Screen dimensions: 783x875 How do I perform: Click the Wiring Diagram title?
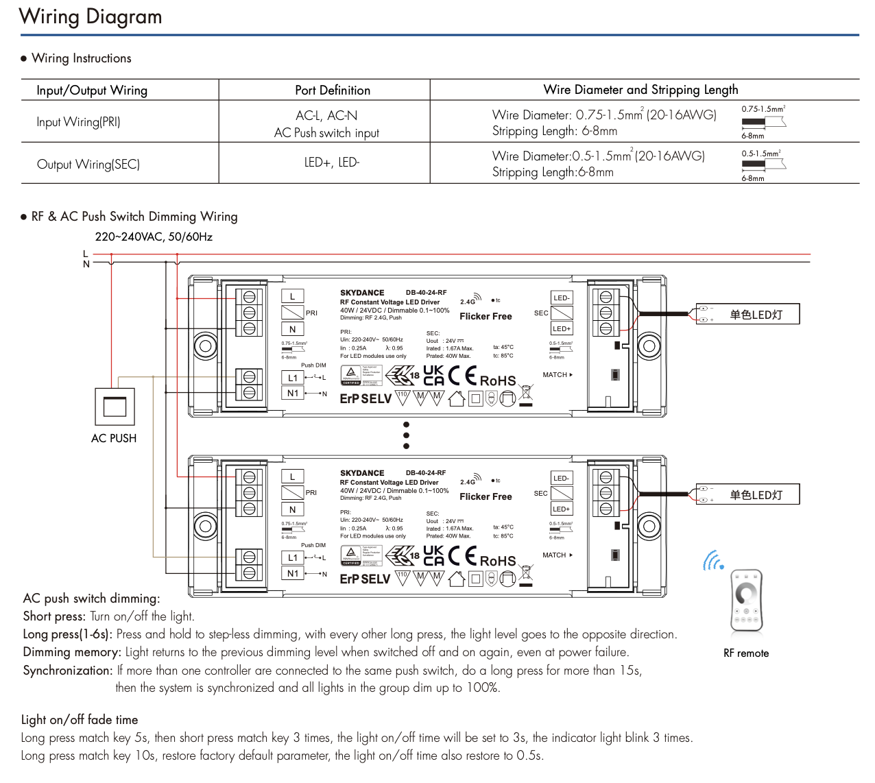pyautogui.click(x=91, y=16)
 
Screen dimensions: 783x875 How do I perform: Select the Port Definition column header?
pyautogui.click(x=333, y=91)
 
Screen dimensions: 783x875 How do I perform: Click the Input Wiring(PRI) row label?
pyautogui.click(x=78, y=122)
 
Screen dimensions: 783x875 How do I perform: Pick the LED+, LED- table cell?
pyautogui.click(x=332, y=162)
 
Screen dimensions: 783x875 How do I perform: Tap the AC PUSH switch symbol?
pyautogui.click(x=115, y=407)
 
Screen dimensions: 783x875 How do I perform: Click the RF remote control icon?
pyautogui.click(x=746, y=599)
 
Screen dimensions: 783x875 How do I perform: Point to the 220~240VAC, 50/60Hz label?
pyautogui.click(x=154, y=237)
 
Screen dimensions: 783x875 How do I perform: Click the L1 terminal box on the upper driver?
pyautogui.click(x=293, y=378)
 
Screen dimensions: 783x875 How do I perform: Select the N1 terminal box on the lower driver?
pyautogui.click(x=293, y=573)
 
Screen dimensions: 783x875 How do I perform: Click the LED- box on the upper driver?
pyautogui.click(x=562, y=298)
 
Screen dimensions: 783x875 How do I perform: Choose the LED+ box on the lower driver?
pyautogui.click(x=562, y=509)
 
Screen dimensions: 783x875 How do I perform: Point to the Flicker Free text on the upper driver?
pyautogui.click(x=486, y=316)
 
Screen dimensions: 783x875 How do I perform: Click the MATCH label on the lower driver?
pyautogui.click(x=555, y=555)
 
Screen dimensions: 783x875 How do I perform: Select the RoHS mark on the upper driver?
pyautogui.click(x=498, y=381)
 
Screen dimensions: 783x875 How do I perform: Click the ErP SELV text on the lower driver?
pyautogui.click(x=365, y=579)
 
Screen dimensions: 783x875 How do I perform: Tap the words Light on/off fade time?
pyautogui.click(x=80, y=719)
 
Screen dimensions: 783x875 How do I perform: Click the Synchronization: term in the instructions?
pyautogui.click(x=68, y=671)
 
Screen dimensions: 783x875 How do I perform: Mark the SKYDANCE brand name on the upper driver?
pyautogui.click(x=362, y=293)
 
